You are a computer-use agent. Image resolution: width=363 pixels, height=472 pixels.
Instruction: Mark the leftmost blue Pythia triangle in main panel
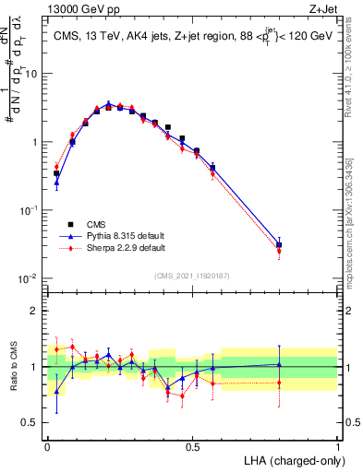pyautogui.click(x=56, y=183)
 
